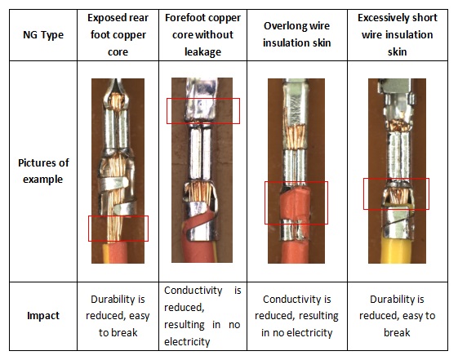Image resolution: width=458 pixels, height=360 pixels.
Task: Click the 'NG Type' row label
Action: (43, 35)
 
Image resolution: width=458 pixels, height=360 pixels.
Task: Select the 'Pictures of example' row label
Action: (43, 171)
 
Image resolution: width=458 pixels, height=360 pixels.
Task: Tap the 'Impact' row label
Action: (43, 316)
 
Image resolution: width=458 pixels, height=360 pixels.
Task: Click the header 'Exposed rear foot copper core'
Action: (118, 35)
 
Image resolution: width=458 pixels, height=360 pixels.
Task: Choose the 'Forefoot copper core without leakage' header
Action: (202, 35)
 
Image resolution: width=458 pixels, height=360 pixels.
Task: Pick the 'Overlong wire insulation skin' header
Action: (297, 34)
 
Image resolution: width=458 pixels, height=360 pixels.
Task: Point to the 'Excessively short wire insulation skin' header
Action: (398, 35)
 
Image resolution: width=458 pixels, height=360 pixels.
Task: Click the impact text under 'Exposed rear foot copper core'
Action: (118, 316)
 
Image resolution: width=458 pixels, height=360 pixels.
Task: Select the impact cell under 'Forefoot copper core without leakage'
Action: (202, 316)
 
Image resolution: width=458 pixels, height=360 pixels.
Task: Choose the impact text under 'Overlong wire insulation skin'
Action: (297, 316)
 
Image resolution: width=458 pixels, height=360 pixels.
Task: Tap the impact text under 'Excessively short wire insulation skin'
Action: (398, 316)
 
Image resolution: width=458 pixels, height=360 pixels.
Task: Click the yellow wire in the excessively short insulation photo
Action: (397, 251)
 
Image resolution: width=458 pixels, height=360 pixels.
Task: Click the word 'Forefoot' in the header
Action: (183, 18)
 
